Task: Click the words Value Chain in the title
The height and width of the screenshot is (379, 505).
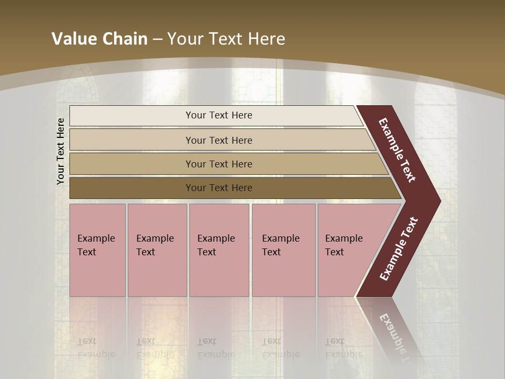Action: click(99, 39)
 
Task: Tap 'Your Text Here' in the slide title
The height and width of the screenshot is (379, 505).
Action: click(226, 39)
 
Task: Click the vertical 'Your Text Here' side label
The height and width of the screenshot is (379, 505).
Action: click(60, 151)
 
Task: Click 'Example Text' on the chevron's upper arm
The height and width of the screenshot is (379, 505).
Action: click(397, 150)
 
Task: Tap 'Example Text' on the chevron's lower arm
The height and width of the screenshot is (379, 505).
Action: click(399, 249)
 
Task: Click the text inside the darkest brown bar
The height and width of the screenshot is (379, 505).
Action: click(219, 188)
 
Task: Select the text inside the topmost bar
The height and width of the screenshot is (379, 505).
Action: click(219, 115)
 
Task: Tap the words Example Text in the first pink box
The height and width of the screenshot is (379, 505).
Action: click(96, 245)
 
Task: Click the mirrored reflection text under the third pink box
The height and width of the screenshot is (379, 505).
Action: click(216, 348)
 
